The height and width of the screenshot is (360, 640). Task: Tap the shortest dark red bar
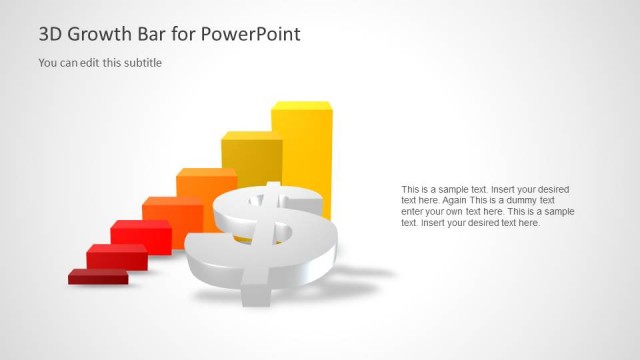coord(97,275)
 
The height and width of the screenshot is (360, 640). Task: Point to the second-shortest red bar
coord(115,256)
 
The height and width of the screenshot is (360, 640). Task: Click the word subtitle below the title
coord(141,63)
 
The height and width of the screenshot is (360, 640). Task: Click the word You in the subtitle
coord(47,63)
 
